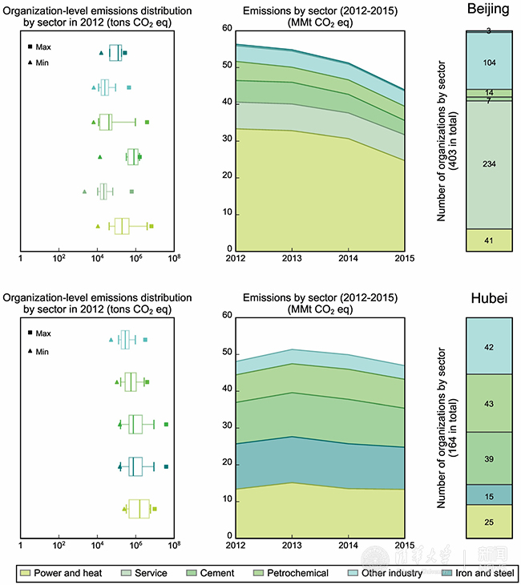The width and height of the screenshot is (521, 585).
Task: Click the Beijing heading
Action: pos(488,8)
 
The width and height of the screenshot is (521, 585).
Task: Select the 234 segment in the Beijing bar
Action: pos(488,164)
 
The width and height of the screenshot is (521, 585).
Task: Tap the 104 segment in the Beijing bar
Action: pos(488,62)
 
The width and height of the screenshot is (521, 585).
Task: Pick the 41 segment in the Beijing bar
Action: pos(488,240)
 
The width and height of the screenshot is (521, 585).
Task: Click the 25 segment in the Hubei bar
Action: pos(488,521)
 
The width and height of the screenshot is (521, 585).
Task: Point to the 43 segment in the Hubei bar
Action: pos(488,402)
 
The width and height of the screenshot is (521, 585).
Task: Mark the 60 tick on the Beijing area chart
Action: pos(227,29)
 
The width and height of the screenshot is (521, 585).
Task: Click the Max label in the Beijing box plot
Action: pos(43,47)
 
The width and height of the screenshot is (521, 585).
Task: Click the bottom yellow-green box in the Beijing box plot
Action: pos(122,226)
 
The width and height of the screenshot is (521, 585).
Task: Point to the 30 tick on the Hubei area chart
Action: pos(227,426)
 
